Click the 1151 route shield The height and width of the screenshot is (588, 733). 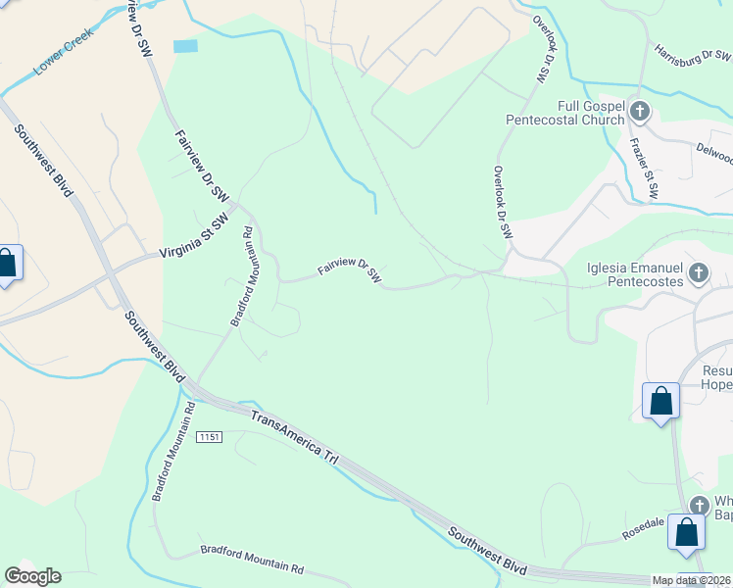point(208,435)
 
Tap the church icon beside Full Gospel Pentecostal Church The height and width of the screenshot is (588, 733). point(640,111)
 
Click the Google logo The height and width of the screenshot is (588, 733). point(32,575)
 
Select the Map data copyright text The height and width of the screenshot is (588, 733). point(691,580)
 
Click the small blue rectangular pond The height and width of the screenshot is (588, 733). point(185,46)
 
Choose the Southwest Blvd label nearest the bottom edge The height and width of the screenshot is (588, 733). point(487,551)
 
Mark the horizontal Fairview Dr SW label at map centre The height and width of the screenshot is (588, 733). point(349,271)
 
